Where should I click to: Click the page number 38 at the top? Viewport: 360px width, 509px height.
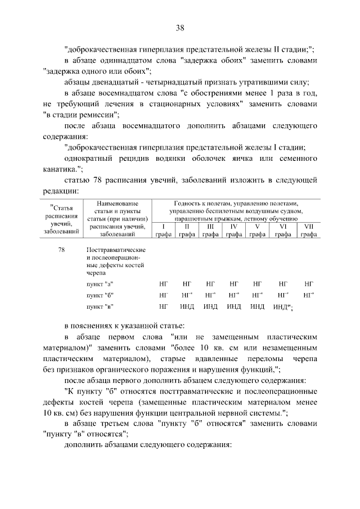(x=180, y=27)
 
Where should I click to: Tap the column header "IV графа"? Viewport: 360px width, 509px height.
(x=233, y=230)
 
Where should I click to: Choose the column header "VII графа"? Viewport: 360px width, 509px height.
(x=308, y=230)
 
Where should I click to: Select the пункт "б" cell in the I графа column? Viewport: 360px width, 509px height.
(x=163, y=295)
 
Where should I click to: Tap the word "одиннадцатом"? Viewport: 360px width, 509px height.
(x=131, y=60)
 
